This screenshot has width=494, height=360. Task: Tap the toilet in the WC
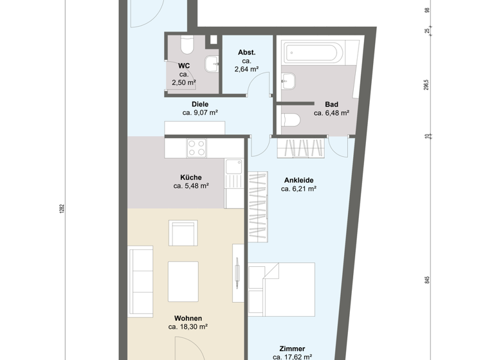click(x=187, y=45)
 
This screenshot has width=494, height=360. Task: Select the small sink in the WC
click(x=211, y=64)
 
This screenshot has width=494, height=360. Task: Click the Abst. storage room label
click(x=247, y=53)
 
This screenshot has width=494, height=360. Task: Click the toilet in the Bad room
click(x=291, y=120)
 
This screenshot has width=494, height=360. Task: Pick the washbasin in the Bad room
click(x=289, y=80)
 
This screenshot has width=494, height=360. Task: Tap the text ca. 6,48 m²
click(x=331, y=113)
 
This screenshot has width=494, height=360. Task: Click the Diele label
click(x=200, y=104)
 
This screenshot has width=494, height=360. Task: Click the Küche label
click(x=191, y=177)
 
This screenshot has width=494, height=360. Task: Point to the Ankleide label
click(x=298, y=181)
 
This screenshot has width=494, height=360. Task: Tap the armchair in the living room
click(x=182, y=233)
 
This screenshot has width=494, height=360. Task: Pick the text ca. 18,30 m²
click(x=188, y=327)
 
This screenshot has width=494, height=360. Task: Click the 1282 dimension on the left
click(x=62, y=208)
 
